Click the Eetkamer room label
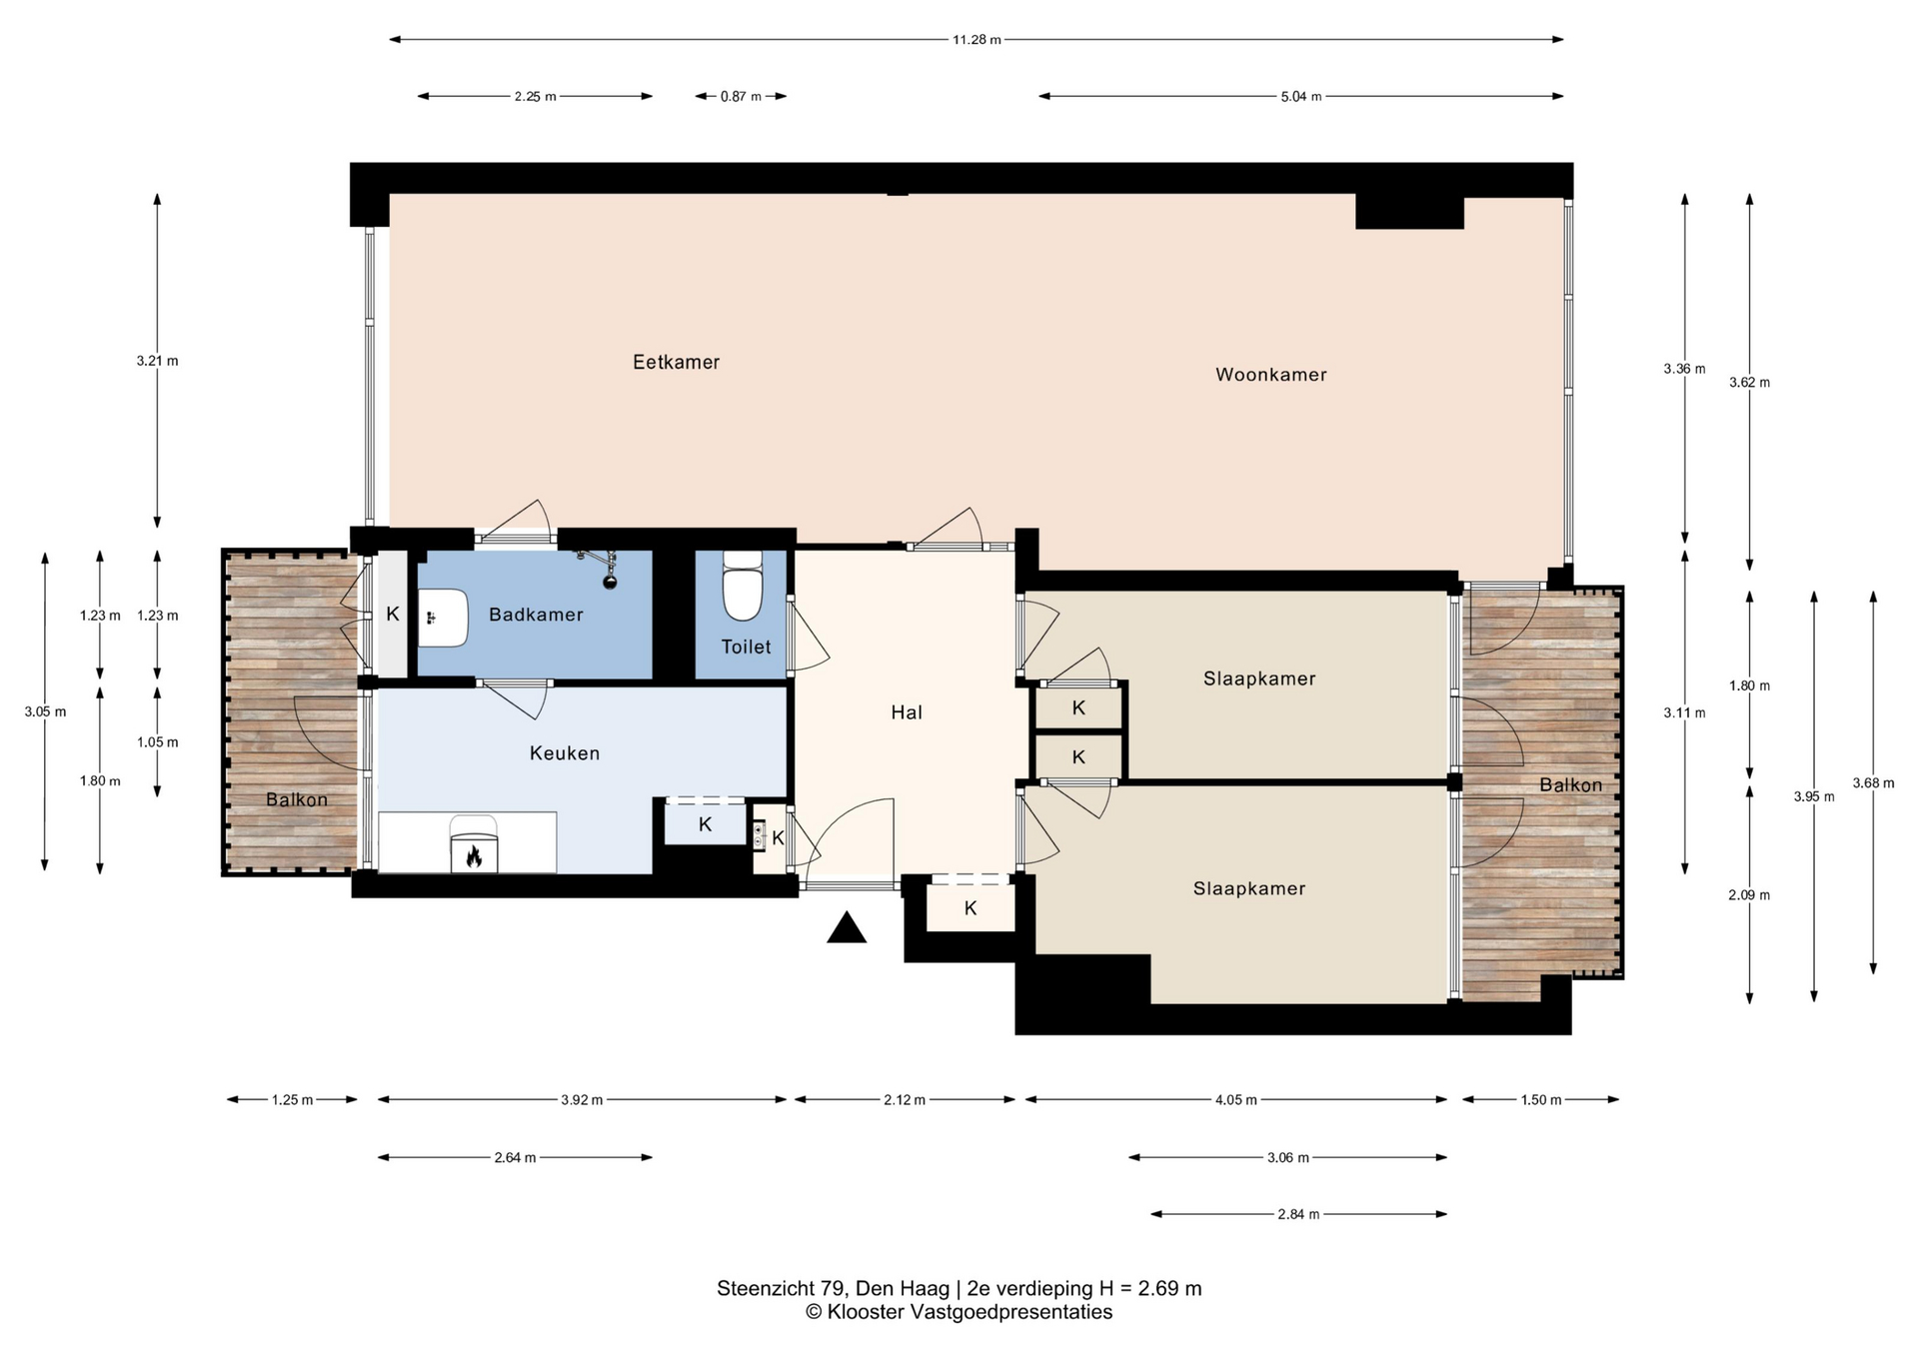click(676, 362)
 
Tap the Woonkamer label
click(1270, 375)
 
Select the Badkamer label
click(536, 615)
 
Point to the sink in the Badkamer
click(443, 618)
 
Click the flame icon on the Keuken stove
click(474, 856)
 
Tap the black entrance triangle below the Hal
click(847, 927)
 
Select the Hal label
click(907, 712)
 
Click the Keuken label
click(565, 753)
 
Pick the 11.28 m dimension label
click(976, 40)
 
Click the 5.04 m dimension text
click(1301, 96)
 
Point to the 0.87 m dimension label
click(741, 96)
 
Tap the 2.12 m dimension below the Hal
click(905, 1100)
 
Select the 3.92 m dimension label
click(582, 1100)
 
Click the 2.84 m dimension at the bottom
click(1298, 1214)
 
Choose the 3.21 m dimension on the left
click(158, 361)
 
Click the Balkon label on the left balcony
click(297, 799)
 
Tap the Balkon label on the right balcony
click(1570, 785)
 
